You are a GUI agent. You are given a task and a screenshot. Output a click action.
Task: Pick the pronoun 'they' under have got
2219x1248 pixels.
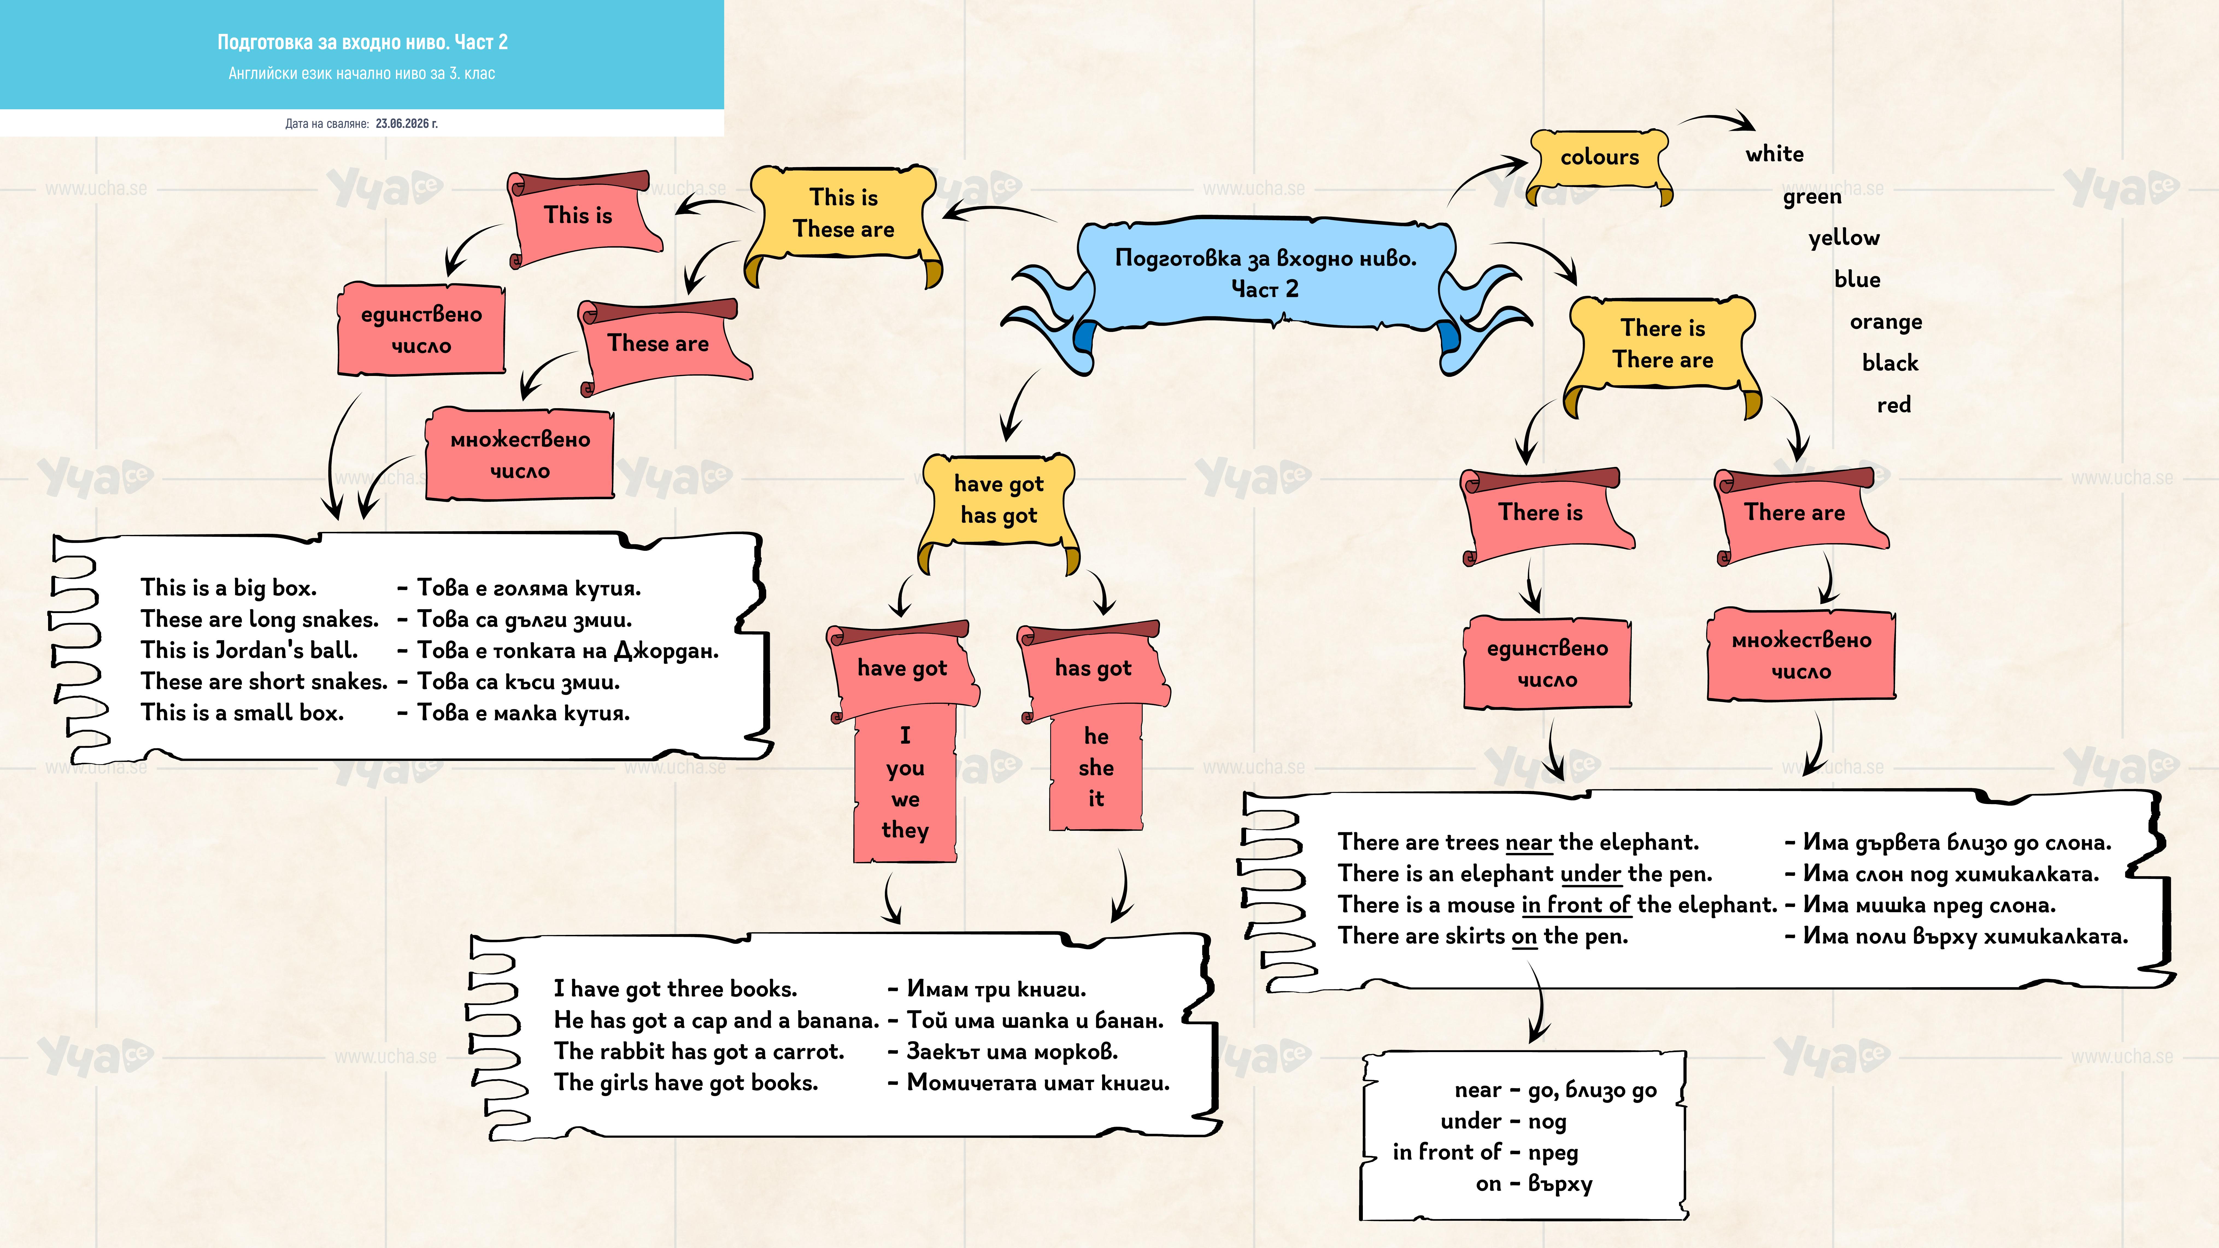tap(905, 830)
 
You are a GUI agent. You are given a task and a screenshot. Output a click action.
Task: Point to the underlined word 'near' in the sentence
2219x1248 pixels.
tap(1528, 842)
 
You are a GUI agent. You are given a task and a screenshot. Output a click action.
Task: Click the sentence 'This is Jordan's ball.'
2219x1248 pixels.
tap(249, 650)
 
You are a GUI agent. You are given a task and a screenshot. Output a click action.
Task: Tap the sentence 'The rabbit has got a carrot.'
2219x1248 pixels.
tap(698, 1052)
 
